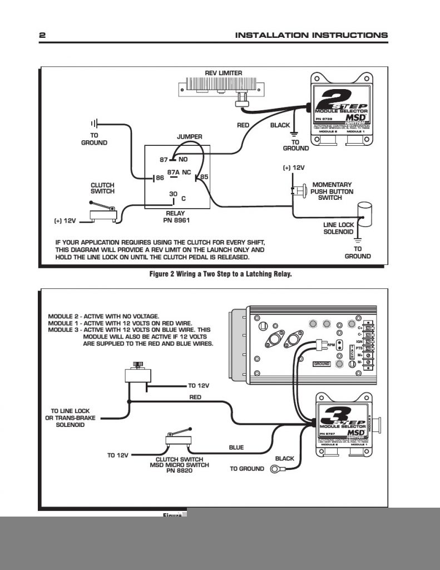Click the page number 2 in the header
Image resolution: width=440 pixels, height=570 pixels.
point(42,35)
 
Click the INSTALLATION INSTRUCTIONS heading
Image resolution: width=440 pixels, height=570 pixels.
point(311,35)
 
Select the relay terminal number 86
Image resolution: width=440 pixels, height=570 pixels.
point(159,178)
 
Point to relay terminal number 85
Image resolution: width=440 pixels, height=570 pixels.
point(204,177)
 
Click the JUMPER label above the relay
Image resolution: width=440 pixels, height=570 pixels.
point(189,136)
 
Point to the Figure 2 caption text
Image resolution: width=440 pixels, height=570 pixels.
point(220,274)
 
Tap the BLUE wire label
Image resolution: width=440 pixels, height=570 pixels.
point(236,447)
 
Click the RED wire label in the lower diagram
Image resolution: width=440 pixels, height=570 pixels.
point(195,397)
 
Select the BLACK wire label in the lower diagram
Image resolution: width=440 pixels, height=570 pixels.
point(284,459)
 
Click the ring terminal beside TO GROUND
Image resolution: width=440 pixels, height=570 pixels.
point(275,469)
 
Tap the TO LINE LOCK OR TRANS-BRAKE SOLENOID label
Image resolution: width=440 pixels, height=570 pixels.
point(70,417)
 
